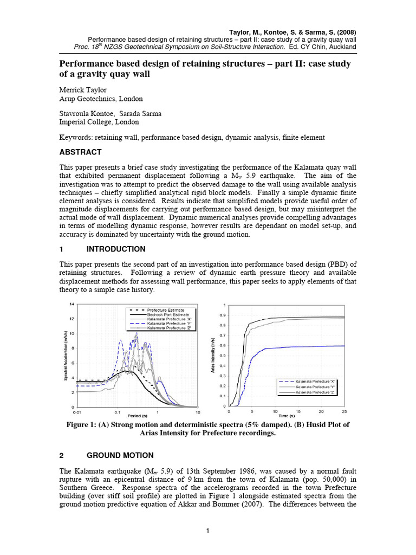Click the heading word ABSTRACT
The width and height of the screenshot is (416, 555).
80,152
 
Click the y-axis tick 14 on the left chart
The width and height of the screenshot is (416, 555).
72,304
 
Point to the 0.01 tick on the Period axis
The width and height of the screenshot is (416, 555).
79,411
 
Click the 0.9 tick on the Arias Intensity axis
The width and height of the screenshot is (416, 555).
223,315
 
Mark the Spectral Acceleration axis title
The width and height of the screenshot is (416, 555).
66,355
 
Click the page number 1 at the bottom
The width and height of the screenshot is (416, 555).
208,531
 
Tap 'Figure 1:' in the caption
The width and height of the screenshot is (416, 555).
84,425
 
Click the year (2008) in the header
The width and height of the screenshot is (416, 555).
345,32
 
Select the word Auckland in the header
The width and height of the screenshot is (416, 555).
342,47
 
